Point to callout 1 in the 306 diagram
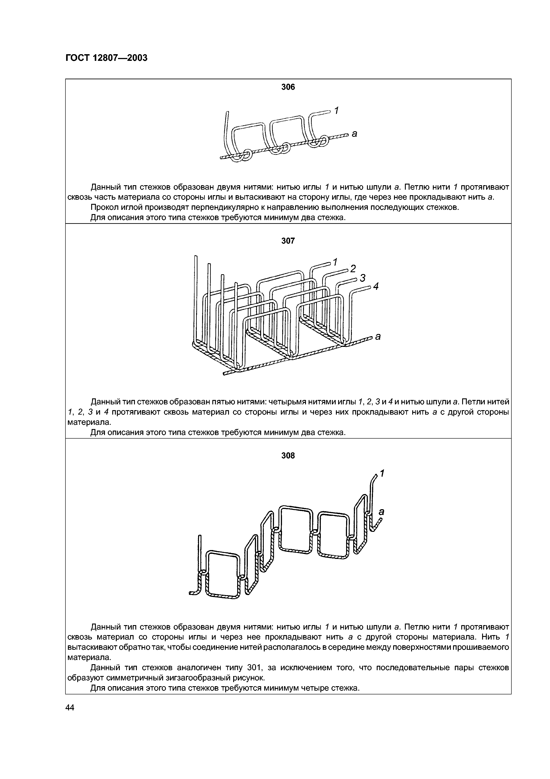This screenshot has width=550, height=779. [337, 110]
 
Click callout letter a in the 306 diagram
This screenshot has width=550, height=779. [355, 134]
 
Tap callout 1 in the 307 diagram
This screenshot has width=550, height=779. [335, 262]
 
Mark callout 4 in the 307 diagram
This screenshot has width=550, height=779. [375, 287]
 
